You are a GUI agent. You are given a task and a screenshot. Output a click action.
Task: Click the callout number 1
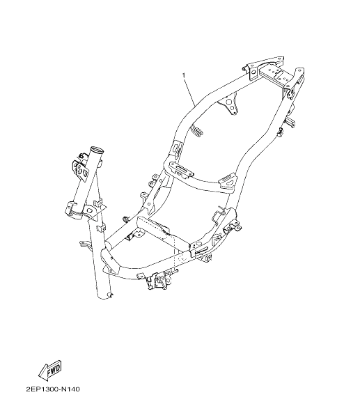[x=184, y=76]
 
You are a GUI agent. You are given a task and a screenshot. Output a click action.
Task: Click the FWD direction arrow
[x=51, y=371]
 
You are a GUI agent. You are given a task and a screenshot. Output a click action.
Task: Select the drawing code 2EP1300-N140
[x=53, y=389]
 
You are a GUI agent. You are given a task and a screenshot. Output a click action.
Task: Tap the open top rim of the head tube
[x=97, y=149]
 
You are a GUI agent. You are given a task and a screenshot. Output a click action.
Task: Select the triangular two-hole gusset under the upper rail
[x=230, y=105]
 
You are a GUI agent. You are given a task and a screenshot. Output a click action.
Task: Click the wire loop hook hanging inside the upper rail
[x=196, y=131]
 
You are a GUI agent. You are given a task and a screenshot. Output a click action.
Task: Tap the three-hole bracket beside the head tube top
[x=80, y=169]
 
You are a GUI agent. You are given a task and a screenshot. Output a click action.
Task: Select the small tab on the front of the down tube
[x=85, y=244]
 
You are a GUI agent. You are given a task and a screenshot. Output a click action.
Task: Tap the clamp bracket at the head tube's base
[x=78, y=210]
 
